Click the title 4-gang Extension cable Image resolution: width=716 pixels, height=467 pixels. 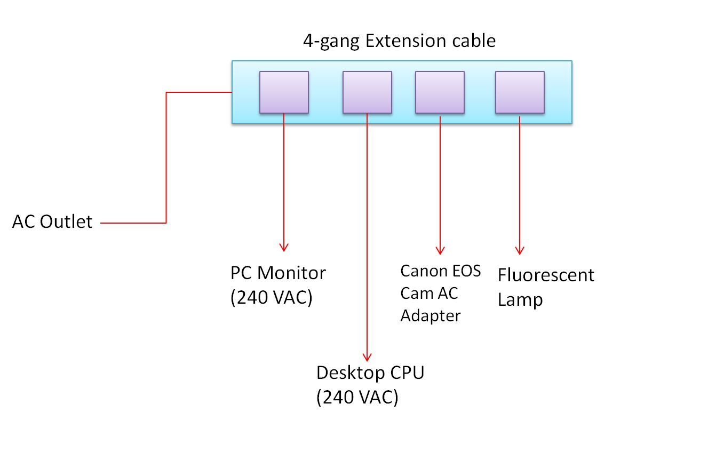[x=399, y=42]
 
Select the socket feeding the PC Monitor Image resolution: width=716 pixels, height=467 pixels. [x=284, y=92]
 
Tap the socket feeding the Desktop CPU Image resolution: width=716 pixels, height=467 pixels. [x=367, y=92]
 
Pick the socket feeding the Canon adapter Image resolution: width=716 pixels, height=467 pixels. [x=440, y=92]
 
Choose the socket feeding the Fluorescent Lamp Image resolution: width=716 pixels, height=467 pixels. [x=520, y=92]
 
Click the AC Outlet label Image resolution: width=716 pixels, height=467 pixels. [x=52, y=221]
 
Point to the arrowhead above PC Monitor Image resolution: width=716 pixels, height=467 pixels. [x=284, y=247]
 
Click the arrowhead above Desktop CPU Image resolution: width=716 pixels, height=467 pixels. [x=367, y=357]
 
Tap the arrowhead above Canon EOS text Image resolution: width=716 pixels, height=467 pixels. [x=440, y=250]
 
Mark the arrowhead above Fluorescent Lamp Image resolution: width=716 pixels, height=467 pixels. [x=520, y=250]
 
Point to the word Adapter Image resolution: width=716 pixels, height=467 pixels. [x=430, y=316]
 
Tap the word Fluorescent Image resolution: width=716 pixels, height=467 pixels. [x=546, y=276]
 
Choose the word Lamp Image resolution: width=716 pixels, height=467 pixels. [x=520, y=300]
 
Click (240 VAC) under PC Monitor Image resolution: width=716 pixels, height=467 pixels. [x=272, y=297]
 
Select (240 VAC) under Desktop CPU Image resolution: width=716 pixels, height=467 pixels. [x=357, y=397]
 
